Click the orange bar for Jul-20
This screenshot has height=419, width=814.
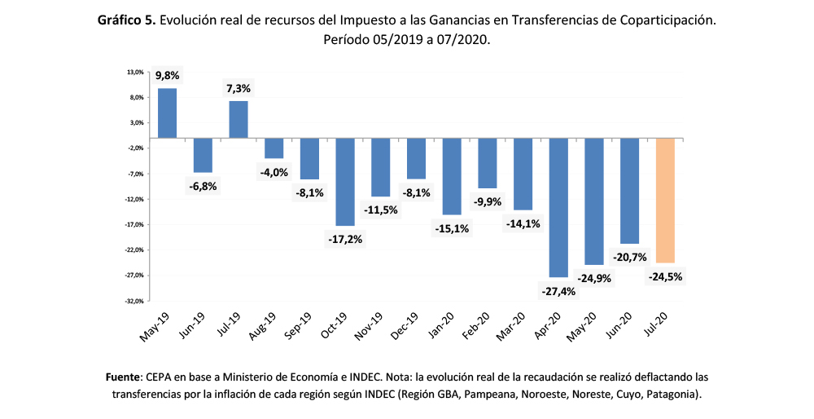(666, 201)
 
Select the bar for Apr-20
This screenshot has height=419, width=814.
(559, 208)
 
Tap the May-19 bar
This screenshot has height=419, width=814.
(167, 112)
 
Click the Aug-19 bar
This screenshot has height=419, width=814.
(274, 148)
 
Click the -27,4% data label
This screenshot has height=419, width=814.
(558, 291)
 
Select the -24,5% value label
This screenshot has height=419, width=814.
(666, 276)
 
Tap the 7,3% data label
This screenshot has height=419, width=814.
(239, 88)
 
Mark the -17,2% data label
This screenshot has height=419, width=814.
(345, 240)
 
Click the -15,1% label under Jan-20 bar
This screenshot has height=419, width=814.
(452, 228)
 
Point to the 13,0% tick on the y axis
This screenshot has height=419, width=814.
(135, 73)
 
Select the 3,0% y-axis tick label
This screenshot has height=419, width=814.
(136, 123)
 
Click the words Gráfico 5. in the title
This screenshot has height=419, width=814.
(126, 19)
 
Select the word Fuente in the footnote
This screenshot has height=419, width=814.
(125, 378)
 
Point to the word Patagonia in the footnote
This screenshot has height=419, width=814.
(672, 395)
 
